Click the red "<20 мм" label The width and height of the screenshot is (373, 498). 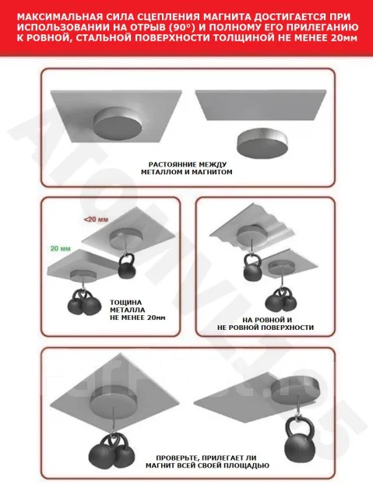tap(96, 219)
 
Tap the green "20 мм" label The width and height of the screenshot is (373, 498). tap(61, 248)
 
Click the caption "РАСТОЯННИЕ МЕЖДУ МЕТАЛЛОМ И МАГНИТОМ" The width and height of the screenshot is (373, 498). tap(187, 168)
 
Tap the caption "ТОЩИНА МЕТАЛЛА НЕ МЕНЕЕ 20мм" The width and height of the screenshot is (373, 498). tap(138, 310)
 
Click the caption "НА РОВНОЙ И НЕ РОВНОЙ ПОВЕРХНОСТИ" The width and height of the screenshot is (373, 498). tap(266, 324)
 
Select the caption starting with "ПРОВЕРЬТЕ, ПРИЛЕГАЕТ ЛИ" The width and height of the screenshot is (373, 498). tap(207, 461)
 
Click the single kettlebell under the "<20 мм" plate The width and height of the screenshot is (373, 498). tap(127, 265)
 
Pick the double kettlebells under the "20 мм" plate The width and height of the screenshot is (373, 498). tap(85, 302)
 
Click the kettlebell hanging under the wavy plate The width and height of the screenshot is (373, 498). tap(252, 268)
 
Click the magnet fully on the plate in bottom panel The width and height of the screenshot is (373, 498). tap(114, 399)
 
